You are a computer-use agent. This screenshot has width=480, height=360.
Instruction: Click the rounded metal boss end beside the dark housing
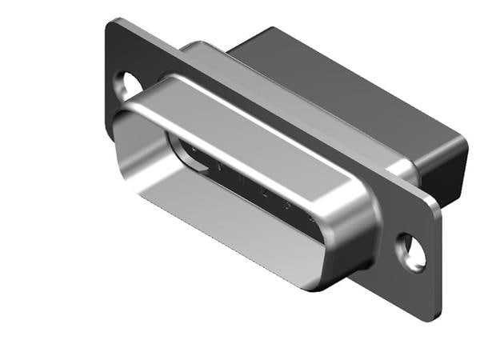click(400, 170)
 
